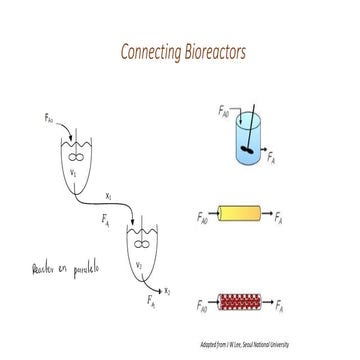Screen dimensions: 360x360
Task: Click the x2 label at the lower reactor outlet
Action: click(x=167, y=290)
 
